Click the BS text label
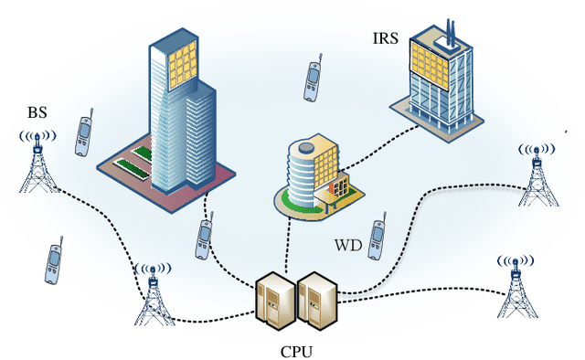(x=37, y=113)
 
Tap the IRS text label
(x=385, y=38)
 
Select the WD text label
(x=348, y=246)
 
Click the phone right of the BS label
(x=84, y=134)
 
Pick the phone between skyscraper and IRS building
(x=313, y=79)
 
